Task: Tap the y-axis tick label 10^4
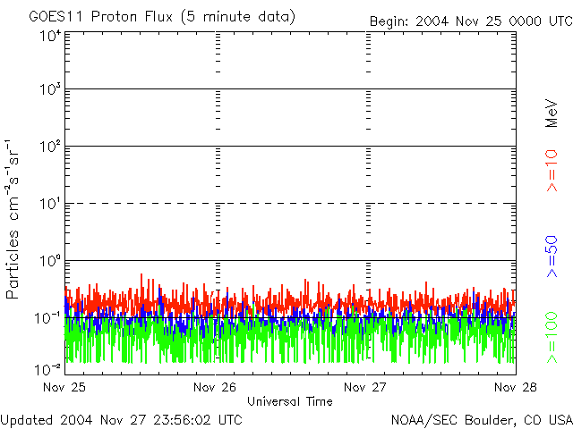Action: [50, 36]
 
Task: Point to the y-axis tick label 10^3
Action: [50, 90]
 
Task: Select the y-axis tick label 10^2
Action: [50, 147]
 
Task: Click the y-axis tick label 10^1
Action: [50, 205]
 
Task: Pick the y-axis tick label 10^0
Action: [50, 261]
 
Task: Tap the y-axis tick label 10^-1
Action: [48, 318]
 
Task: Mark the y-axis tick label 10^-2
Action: [48, 369]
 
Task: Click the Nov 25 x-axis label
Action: [64, 388]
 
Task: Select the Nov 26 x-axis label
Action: [216, 388]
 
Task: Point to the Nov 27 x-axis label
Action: [367, 388]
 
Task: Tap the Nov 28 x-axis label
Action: [517, 388]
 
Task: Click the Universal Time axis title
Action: [289, 401]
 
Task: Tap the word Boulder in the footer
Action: [499, 418]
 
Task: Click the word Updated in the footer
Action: [26, 418]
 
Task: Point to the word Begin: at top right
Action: [389, 21]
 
